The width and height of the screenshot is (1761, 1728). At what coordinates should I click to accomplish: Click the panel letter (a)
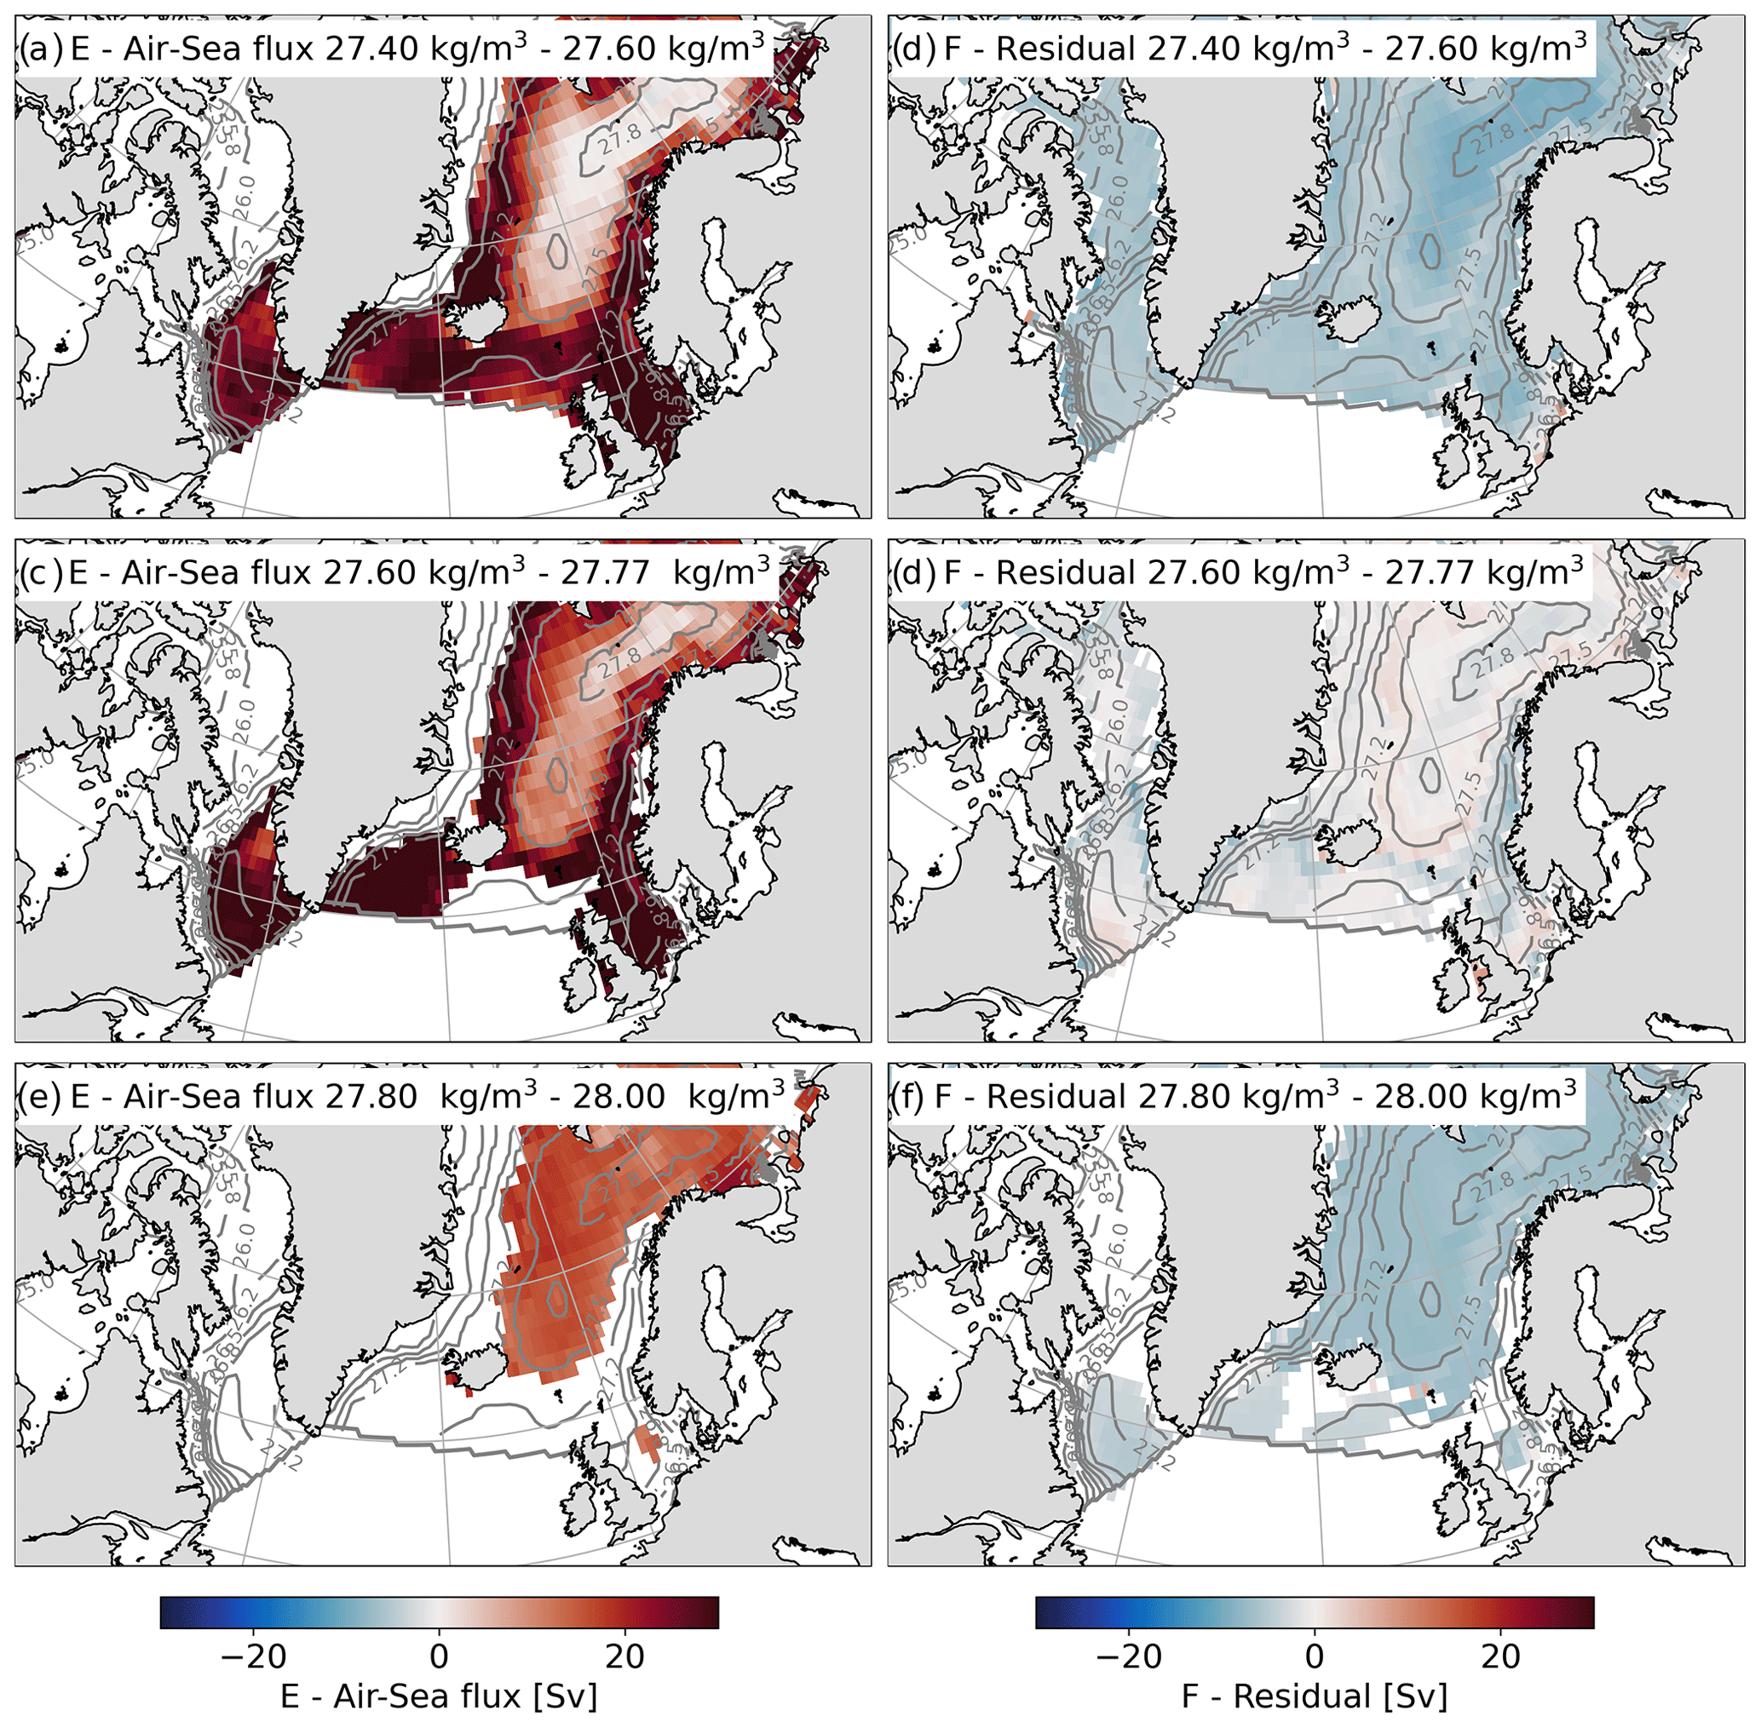(x=40, y=48)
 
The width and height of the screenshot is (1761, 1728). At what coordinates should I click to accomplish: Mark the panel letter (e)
(x=40, y=1096)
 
